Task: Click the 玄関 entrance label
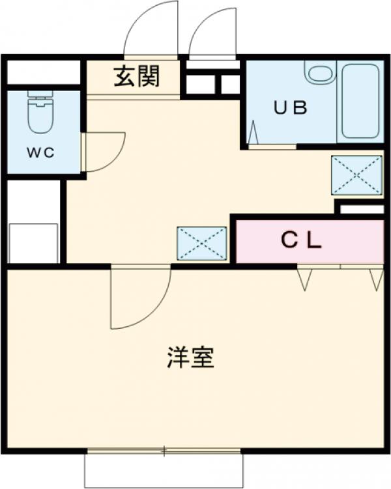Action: coord(136,77)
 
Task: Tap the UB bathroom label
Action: coord(289,109)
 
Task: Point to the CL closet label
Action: coord(301,241)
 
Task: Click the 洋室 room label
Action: coord(190,357)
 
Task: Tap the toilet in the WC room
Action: coord(40,114)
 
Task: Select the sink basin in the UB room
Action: coord(320,72)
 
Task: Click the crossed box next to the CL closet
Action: coord(202,243)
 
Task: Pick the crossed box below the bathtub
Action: coord(356,175)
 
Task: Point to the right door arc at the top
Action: coord(211,33)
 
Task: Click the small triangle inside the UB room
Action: coord(253,133)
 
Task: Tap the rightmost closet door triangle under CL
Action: coord(376,278)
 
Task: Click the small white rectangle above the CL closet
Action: coord(362,209)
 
